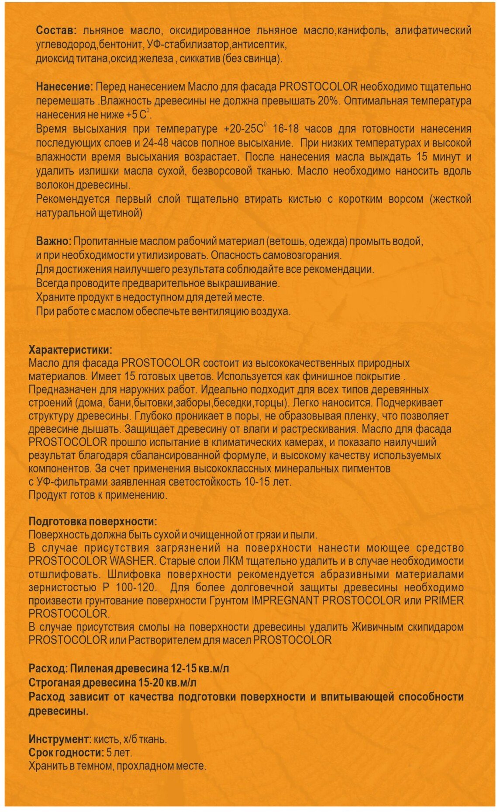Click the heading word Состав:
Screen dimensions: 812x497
[x=56, y=31]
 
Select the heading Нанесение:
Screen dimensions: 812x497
[x=64, y=87]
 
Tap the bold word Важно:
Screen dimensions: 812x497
[x=54, y=241]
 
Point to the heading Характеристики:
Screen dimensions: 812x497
[x=70, y=350]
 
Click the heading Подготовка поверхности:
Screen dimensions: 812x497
[x=93, y=521]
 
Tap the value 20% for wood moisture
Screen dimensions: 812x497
[x=329, y=101]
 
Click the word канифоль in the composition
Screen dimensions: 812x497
[x=366, y=31]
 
